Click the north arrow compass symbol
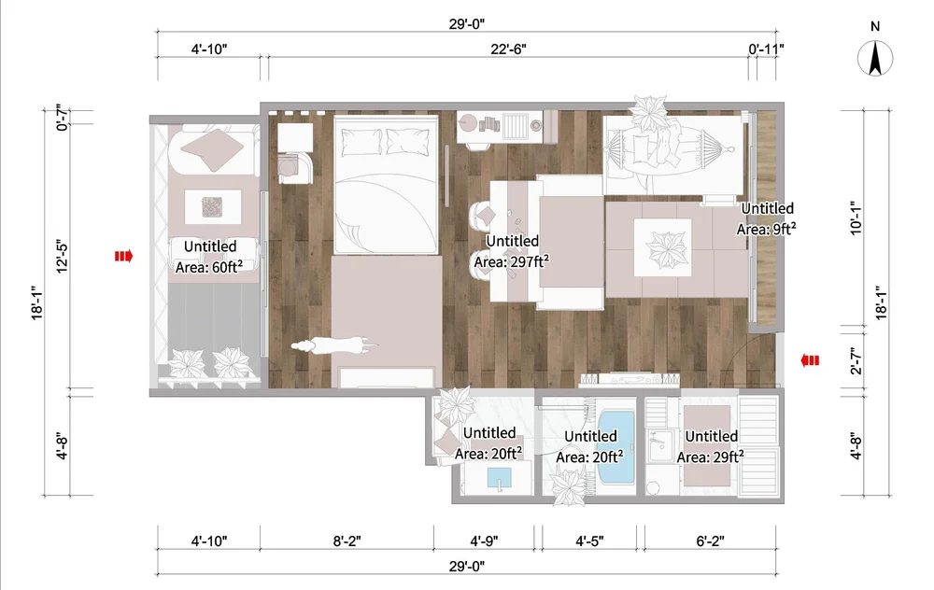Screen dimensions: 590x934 point(875,61)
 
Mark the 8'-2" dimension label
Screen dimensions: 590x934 point(347,541)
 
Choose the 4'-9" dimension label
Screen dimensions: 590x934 point(487,541)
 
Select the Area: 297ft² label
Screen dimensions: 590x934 point(511,262)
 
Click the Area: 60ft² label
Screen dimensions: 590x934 point(210,268)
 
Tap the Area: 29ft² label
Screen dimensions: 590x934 point(711,457)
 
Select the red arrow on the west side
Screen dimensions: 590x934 point(123,255)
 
